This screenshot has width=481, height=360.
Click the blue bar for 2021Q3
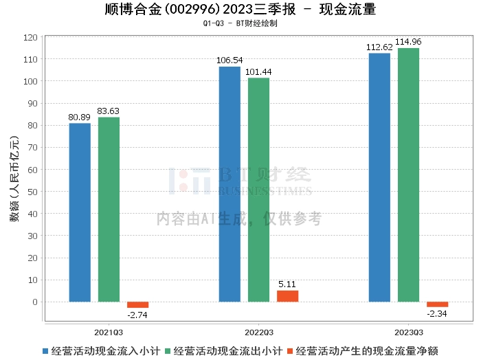(80, 212)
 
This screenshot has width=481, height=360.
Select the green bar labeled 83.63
(109, 210)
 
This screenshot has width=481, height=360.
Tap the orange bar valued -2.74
(137, 304)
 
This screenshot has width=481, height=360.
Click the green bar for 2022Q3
(258, 190)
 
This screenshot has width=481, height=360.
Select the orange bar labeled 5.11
(287, 296)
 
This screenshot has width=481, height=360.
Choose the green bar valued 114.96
(408, 175)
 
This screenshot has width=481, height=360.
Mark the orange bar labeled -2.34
(437, 304)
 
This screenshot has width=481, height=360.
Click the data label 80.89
(80, 117)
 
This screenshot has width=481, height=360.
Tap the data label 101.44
(258, 72)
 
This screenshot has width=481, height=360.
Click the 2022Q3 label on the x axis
(258, 331)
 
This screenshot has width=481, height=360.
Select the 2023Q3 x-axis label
(408, 331)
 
